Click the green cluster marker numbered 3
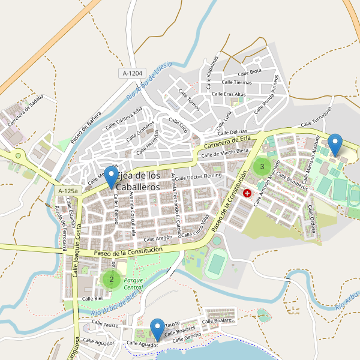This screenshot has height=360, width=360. click(x=262, y=166)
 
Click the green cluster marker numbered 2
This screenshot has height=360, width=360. click(x=111, y=278)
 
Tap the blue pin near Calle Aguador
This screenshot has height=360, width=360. click(x=158, y=329)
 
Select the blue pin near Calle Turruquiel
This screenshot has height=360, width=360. click(x=335, y=146)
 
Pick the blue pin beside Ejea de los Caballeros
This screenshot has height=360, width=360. click(x=111, y=176)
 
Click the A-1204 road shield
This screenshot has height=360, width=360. click(x=133, y=73)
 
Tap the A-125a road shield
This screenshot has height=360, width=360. click(x=68, y=191)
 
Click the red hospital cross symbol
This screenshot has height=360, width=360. click(x=247, y=193)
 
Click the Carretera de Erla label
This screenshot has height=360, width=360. click(x=227, y=142)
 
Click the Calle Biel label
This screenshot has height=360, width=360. click(x=93, y=298)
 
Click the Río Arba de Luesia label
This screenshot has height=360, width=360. click(x=149, y=80)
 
